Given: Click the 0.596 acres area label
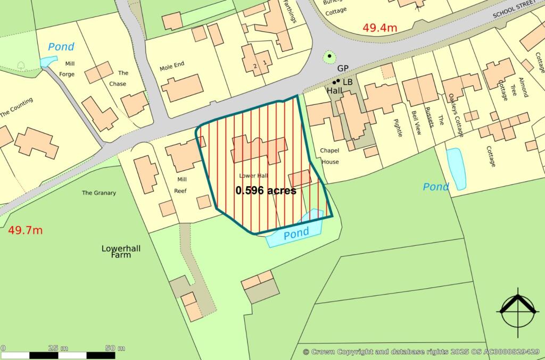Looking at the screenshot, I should [x=266, y=190].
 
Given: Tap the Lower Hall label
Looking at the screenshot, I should [x=254, y=176].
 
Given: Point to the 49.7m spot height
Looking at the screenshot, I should [x=25, y=230].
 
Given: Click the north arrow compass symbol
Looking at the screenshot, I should [x=516, y=309].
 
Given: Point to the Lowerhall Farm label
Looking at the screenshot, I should [x=117, y=252].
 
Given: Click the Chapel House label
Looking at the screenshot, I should [x=329, y=156].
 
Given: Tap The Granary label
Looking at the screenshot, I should [x=98, y=193].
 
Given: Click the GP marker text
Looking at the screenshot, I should [x=343, y=69].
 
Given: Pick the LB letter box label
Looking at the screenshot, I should [x=348, y=82].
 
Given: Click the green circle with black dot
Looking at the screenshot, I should [x=329, y=56].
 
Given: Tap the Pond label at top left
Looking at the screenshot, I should [x=61, y=47].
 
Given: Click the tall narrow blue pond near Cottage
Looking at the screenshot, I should [x=456, y=169].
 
